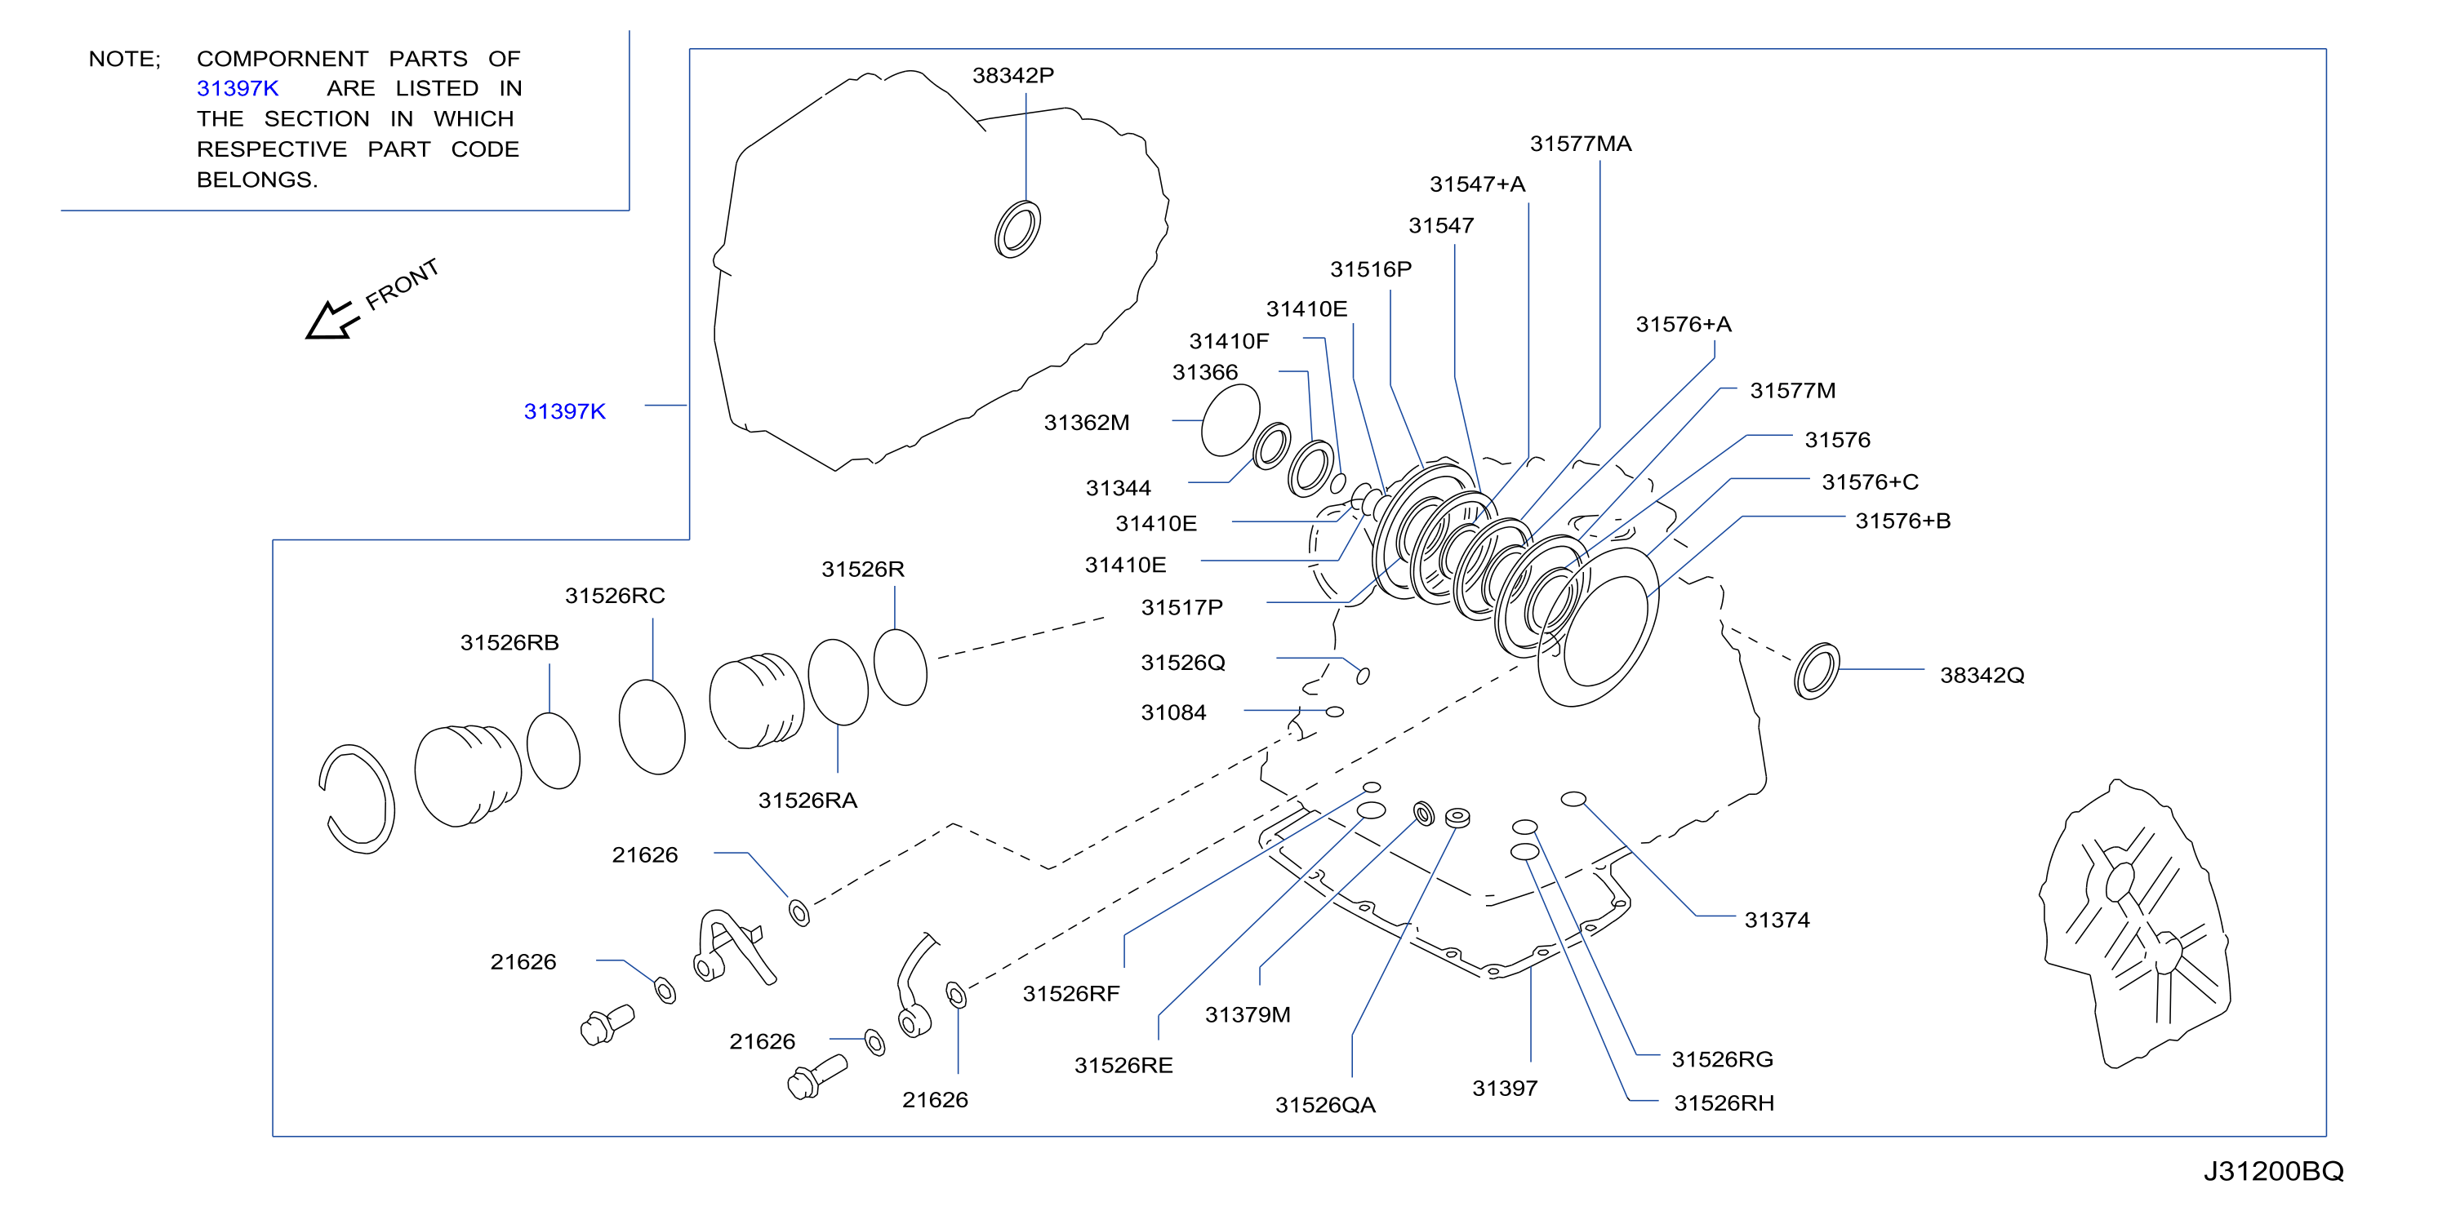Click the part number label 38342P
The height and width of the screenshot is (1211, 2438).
coord(1012,76)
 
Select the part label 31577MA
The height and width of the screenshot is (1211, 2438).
coord(1581,144)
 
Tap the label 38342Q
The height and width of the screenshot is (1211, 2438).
coord(1982,676)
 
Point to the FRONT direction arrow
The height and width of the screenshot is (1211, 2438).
coord(332,320)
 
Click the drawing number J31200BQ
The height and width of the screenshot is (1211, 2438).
coord(2273,1171)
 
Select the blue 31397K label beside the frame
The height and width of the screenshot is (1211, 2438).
coord(564,411)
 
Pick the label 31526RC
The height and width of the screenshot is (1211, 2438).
coord(615,596)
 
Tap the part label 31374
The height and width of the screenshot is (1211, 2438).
coord(1777,920)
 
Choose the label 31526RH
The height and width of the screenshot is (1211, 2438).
coord(1724,1103)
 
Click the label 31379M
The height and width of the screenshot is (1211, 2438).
coord(1248,1015)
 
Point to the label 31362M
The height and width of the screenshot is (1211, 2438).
coord(1087,423)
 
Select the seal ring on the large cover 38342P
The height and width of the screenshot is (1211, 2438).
coord(1017,229)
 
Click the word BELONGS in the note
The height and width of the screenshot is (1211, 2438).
coord(256,180)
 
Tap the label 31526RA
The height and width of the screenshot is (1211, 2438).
coord(807,801)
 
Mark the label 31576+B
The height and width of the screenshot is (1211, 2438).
coord(1902,521)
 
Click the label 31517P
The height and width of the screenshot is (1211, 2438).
coord(1181,607)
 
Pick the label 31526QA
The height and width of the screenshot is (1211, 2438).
coord(1325,1105)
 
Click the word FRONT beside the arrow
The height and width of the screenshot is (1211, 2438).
coord(403,285)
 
